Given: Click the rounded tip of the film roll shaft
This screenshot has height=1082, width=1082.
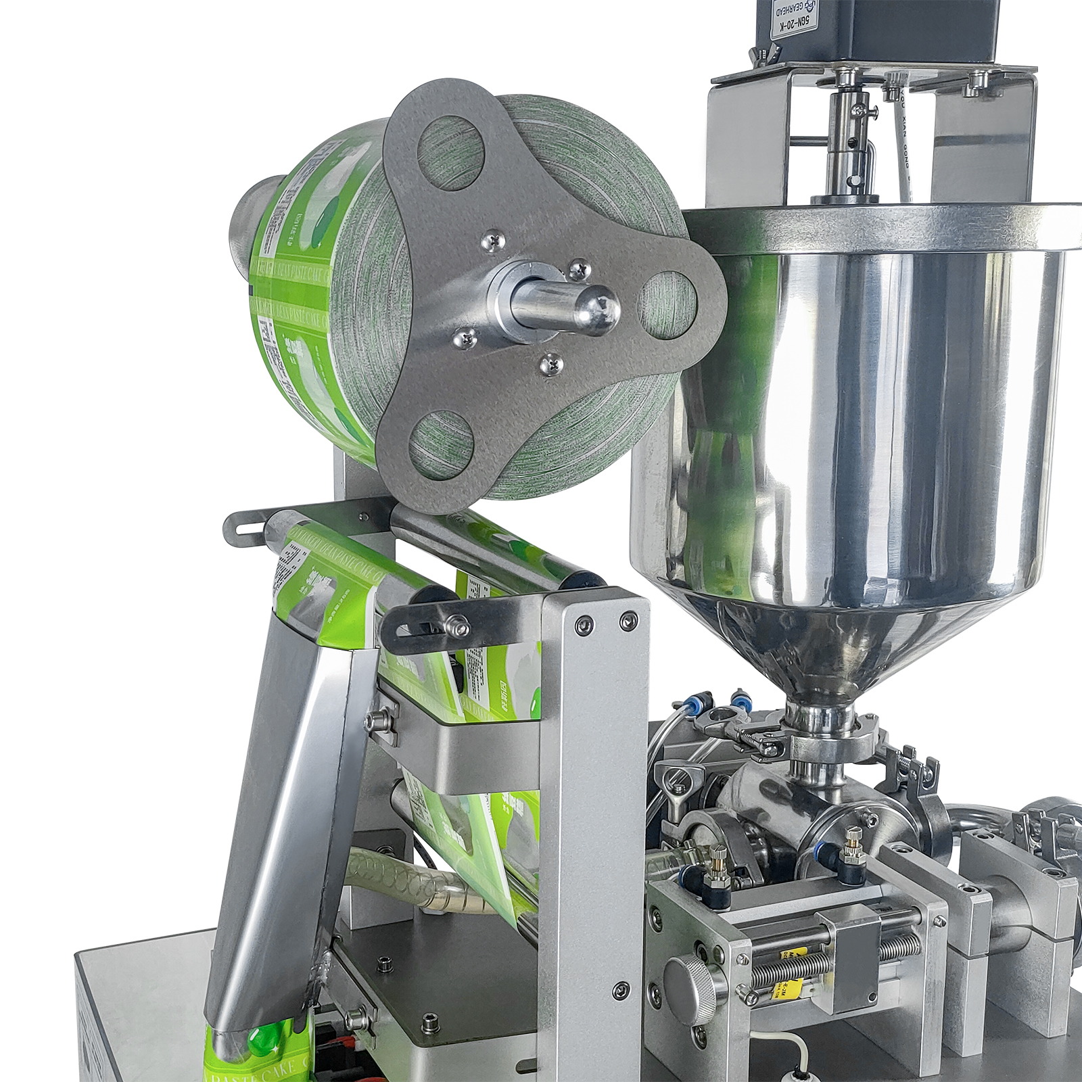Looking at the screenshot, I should pyautogui.click(x=598, y=310).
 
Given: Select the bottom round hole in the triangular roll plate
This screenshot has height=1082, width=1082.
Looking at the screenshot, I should pyautogui.click(x=443, y=447).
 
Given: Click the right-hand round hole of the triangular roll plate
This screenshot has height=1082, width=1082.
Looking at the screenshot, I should pyautogui.click(x=668, y=304).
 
